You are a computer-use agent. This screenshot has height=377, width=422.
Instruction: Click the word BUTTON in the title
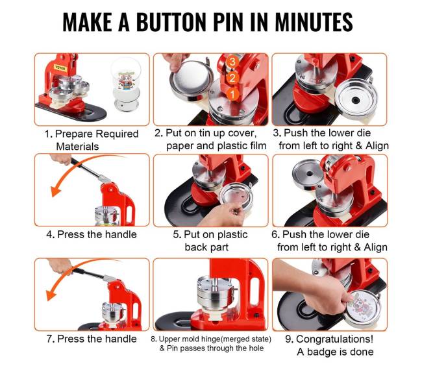pyautogui.click(x=171, y=22)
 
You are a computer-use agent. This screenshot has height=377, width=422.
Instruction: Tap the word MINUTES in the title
pyautogui.click(x=314, y=22)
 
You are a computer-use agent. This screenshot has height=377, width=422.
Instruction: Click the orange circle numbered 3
pyautogui.click(x=232, y=62)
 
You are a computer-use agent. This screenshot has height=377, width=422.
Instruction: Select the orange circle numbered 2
pyautogui.click(x=232, y=78)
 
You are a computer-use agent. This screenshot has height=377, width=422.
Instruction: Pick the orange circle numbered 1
pyautogui.click(x=232, y=95)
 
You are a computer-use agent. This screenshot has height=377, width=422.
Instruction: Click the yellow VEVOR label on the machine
pyautogui.click(x=60, y=67)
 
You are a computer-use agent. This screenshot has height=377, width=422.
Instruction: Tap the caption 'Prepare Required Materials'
pyautogui.click(x=92, y=140)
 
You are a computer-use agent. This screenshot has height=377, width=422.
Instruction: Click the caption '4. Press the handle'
pyautogui.click(x=92, y=234)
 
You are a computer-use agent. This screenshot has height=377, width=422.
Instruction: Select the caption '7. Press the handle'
pyautogui.click(x=92, y=339)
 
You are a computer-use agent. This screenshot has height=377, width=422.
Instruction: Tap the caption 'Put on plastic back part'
pyautogui.click(x=210, y=241)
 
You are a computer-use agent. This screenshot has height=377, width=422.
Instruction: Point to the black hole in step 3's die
pyautogui.click(x=356, y=101)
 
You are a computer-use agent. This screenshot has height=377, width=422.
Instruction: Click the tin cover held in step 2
pyautogui.click(x=190, y=80)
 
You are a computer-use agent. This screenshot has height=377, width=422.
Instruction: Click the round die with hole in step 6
pyautogui.click(x=309, y=175)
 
